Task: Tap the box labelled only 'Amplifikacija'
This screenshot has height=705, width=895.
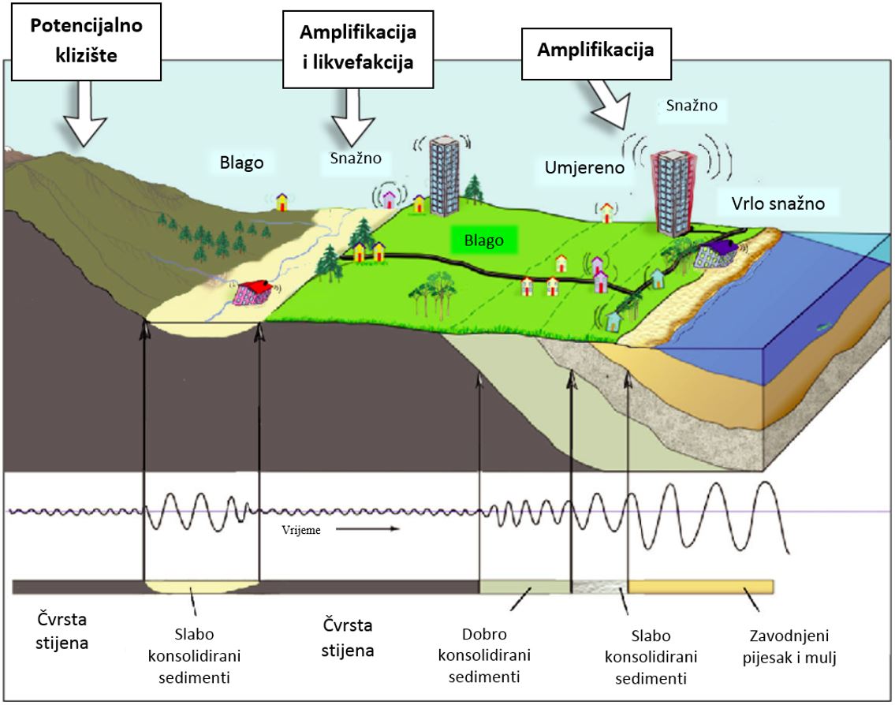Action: (x=595, y=50)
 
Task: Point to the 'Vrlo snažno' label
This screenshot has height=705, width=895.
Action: (x=771, y=204)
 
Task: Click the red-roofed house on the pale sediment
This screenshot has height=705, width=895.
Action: (x=254, y=292)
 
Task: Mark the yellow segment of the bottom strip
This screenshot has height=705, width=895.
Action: (x=700, y=586)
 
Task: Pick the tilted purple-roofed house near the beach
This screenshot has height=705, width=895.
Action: (x=714, y=253)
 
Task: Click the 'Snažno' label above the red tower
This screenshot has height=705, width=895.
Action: (x=691, y=104)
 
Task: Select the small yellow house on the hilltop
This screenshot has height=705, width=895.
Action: (x=282, y=201)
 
